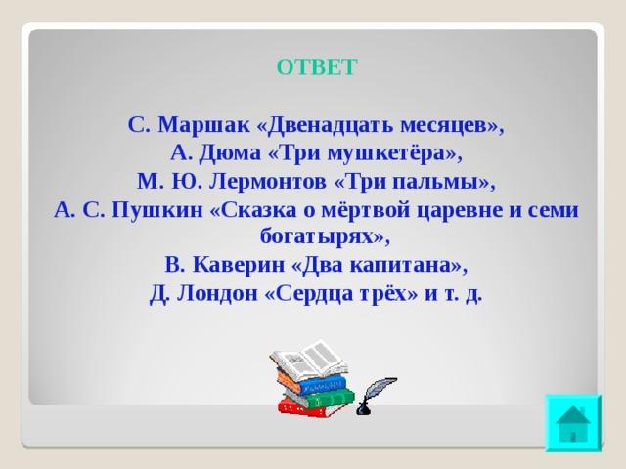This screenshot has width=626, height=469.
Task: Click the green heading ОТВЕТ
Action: (x=316, y=67)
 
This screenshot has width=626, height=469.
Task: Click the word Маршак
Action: (x=203, y=125)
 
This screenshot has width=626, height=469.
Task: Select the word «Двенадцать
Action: (x=325, y=126)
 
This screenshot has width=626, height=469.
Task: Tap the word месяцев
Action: (x=447, y=126)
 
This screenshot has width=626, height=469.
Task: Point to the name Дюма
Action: (x=229, y=153)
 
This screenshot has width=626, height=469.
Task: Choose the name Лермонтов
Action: (x=267, y=182)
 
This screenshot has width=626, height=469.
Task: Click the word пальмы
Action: (x=436, y=183)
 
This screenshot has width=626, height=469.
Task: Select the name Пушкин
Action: (x=157, y=210)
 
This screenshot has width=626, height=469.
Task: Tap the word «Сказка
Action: (x=253, y=210)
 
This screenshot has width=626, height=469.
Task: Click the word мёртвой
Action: (x=365, y=209)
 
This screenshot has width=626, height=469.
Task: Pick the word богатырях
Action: (x=317, y=237)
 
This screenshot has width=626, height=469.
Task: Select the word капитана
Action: (x=400, y=265)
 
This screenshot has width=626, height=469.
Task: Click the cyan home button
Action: (x=573, y=423)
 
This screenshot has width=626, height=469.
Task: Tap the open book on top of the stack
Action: (x=309, y=360)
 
